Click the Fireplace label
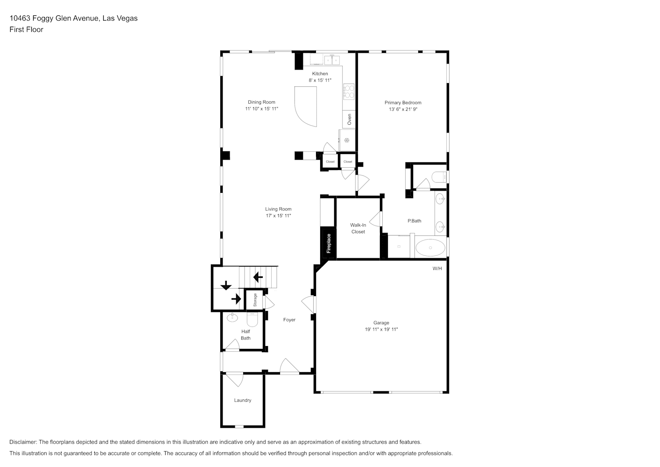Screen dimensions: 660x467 [x=329, y=243]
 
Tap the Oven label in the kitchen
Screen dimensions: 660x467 [x=350, y=120]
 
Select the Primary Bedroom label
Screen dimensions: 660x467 [x=403, y=103]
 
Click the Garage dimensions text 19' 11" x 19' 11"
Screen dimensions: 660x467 [x=381, y=329]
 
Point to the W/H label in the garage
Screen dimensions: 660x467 [x=437, y=268]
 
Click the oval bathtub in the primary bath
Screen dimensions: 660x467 [x=430, y=248]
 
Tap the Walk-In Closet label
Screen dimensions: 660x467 [x=358, y=228]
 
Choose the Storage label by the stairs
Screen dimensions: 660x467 [x=255, y=300]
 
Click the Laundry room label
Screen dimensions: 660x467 [x=243, y=400]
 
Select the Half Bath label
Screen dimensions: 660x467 [x=246, y=335]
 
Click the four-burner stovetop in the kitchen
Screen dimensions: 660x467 [x=349, y=92]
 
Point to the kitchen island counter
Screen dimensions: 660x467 [x=306, y=106]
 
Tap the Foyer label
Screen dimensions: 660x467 [x=289, y=320]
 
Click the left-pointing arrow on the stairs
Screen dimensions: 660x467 [x=258, y=277]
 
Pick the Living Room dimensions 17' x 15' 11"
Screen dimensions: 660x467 [x=279, y=215]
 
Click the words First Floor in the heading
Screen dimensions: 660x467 [x=26, y=29]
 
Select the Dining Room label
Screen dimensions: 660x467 [x=261, y=102]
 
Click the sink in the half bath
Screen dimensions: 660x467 [x=232, y=318]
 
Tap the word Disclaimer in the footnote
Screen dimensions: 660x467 [x=23, y=442]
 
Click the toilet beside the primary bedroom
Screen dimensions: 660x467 [x=440, y=177]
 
